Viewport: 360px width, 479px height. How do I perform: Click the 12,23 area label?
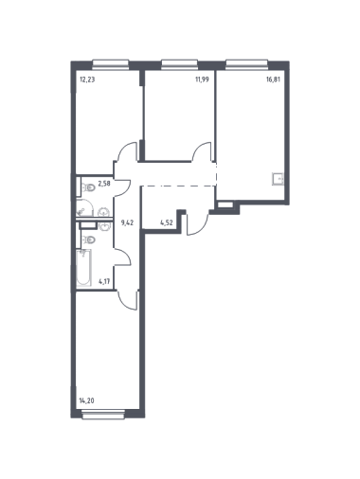pyautogui.click(x=87, y=80)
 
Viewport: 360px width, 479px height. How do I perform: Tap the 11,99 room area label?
pyautogui.click(x=203, y=80)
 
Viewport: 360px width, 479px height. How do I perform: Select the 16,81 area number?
pyautogui.click(x=273, y=80)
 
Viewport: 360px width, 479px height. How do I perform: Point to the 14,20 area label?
pyautogui.click(x=86, y=401)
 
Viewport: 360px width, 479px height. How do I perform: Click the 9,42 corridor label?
pyautogui.click(x=127, y=222)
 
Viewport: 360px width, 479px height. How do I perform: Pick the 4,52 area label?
pyautogui.click(x=167, y=222)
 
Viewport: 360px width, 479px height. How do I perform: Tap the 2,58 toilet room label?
pyautogui.click(x=104, y=184)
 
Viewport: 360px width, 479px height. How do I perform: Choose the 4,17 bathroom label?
pyautogui.click(x=104, y=281)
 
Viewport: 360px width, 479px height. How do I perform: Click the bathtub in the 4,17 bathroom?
pyautogui.click(x=83, y=268)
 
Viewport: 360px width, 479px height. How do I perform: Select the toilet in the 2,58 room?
pyautogui.click(x=89, y=188)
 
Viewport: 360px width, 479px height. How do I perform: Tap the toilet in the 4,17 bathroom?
pyautogui.click(x=89, y=240)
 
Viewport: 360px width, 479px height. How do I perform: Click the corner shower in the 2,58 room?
pyautogui.click(x=84, y=208)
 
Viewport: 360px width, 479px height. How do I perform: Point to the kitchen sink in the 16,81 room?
pyautogui.click(x=279, y=179)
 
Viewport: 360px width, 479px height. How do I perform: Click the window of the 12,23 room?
pyautogui.click(x=111, y=64)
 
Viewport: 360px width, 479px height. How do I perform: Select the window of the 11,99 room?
pyautogui.click(x=180, y=64)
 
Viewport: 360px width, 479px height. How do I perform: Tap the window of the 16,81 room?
pyautogui.click(x=247, y=64)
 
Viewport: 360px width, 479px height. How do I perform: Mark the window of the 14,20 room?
pyautogui.click(x=103, y=415)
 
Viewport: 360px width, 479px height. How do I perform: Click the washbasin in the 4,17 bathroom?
pyautogui.click(x=103, y=226)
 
